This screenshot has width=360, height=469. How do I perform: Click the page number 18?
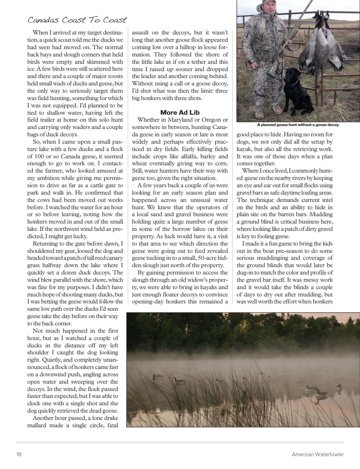19,454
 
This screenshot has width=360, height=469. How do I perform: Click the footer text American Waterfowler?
317,454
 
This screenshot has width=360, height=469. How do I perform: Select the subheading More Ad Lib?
180,112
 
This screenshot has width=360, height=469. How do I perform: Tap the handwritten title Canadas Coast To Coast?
77,20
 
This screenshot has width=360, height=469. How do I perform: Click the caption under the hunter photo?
298,125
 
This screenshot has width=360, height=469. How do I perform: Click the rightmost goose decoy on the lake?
339,387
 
